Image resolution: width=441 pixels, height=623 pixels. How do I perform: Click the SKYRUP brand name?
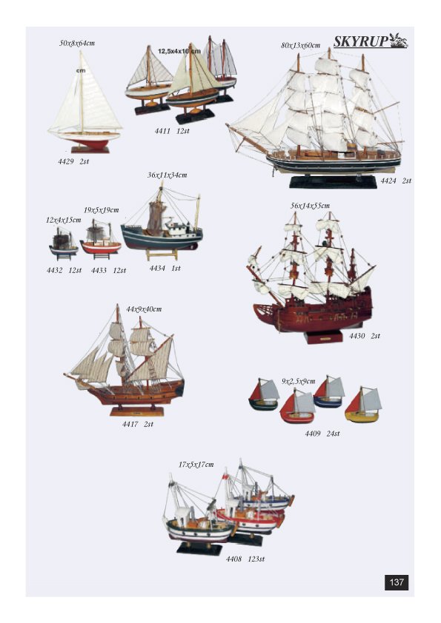point(361,41)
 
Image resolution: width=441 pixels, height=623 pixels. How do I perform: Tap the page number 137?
point(397,582)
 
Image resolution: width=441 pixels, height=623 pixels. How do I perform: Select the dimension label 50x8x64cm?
point(77,44)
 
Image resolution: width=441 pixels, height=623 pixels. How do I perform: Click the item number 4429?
point(66,161)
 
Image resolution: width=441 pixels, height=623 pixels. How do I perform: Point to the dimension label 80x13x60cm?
point(300,45)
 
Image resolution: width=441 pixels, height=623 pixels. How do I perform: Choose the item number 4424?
point(388,181)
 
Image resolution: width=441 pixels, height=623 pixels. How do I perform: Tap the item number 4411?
point(162,131)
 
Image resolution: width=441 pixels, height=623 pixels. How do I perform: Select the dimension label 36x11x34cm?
point(168,175)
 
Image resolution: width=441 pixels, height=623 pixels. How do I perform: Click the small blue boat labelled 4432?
point(64,245)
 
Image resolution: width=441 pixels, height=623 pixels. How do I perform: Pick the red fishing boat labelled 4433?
point(100,241)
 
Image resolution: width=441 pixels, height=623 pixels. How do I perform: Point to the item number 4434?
point(157,268)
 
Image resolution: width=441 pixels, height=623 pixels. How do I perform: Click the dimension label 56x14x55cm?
point(310,206)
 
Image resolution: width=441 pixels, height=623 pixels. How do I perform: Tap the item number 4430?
point(357,336)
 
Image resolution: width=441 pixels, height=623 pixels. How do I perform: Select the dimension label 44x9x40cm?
point(144,309)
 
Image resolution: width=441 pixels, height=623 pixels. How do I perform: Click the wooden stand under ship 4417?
point(137,411)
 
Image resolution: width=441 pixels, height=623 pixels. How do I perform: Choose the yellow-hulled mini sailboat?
point(362,405)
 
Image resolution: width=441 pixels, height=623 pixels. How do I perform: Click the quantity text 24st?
point(333,434)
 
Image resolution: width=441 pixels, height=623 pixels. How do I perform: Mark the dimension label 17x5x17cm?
point(196,465)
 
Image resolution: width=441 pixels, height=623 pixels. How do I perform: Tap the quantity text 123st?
point(256,559)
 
